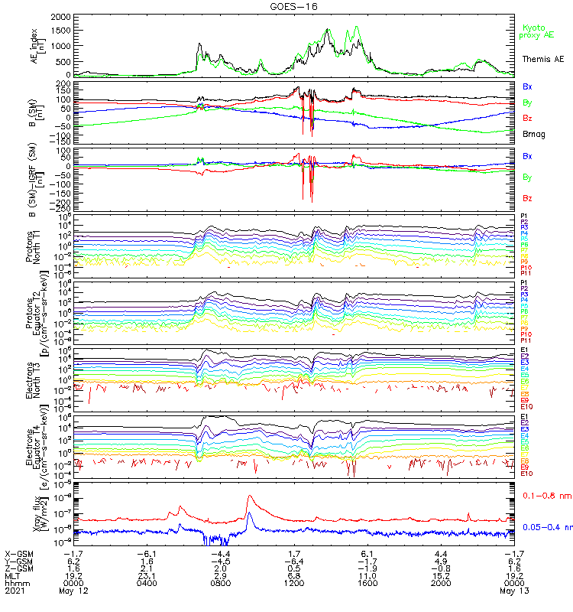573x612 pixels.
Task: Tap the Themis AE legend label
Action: pyautogui.click(x=543, y=59)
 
